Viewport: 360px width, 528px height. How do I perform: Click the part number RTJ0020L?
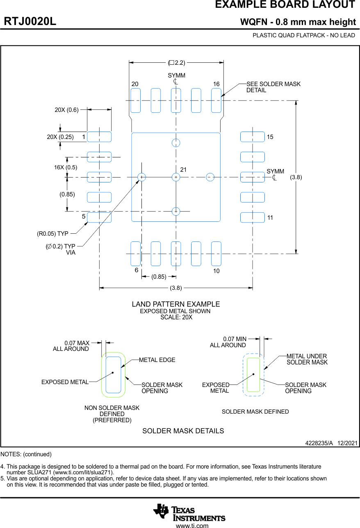pos(30,22)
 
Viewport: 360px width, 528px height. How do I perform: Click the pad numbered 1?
pos(99,137)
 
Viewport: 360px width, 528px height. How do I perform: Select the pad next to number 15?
pos(252,137)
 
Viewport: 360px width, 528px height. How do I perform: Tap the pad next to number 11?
pos(252,218)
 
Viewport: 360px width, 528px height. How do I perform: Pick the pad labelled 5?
pos(99,218)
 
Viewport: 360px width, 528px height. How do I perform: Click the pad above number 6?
pos(136,254)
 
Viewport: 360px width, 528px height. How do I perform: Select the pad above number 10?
pos(216,254)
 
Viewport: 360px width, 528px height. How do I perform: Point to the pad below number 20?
pos(136,100)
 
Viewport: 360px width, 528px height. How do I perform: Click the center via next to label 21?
pos(176,177)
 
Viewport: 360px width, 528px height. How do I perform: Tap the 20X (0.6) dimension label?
pos(66,110)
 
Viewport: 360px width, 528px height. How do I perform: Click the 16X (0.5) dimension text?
pos(66,167)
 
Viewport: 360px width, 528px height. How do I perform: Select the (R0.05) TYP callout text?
pos(52,234)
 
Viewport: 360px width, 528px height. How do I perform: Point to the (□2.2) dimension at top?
pos(176,63)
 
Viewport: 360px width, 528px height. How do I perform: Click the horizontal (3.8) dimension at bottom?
pos(176,288)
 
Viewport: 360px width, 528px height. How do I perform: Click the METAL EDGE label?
pos(157,360)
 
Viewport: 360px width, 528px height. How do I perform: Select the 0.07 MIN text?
pos(235,339)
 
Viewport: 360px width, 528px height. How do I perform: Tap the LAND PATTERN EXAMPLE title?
pos(175,304)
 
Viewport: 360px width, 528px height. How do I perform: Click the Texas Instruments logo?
pos(189,512)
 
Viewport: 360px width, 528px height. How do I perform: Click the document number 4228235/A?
pos(319,444)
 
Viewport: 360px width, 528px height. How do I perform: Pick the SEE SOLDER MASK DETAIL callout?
pos(273,87)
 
